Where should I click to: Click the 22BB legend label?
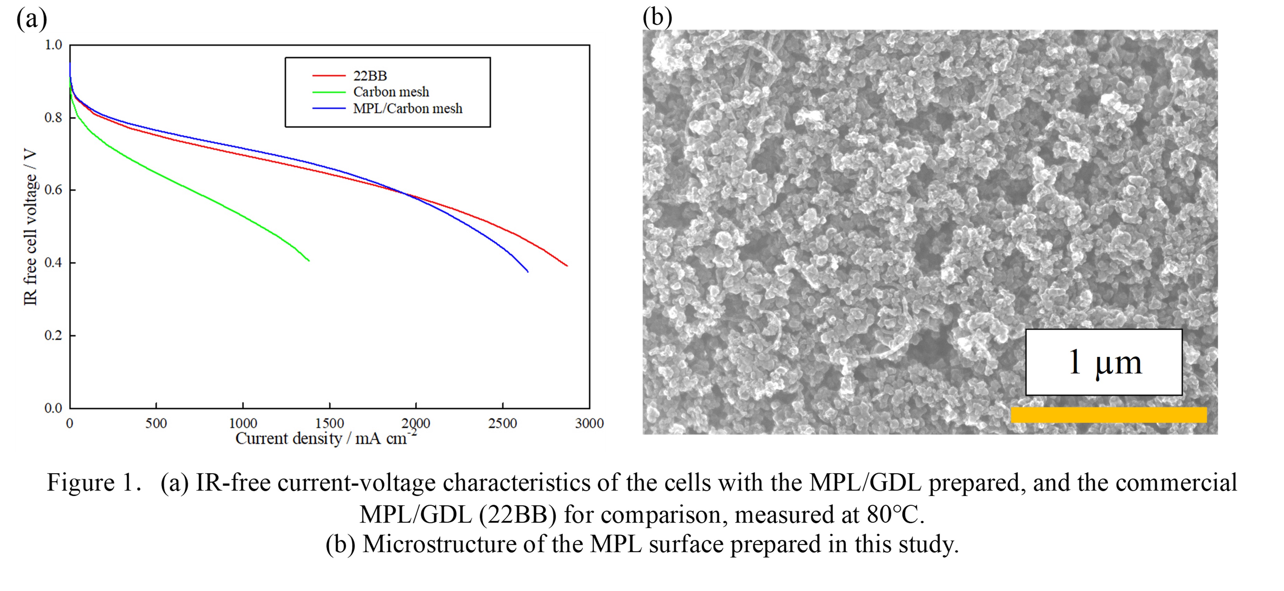pos(370,76)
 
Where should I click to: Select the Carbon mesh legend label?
pos(391,92)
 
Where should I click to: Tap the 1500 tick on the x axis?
pos(330,424)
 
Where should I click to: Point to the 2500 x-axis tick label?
pos(502,424)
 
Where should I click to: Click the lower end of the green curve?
pos(309,261)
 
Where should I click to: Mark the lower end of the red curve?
pos(567,266)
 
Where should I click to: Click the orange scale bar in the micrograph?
pos(1109,414)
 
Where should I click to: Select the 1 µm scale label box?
pos(1104,362)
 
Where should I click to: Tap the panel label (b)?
pos(657,18)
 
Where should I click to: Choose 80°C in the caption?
pos(895,514)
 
